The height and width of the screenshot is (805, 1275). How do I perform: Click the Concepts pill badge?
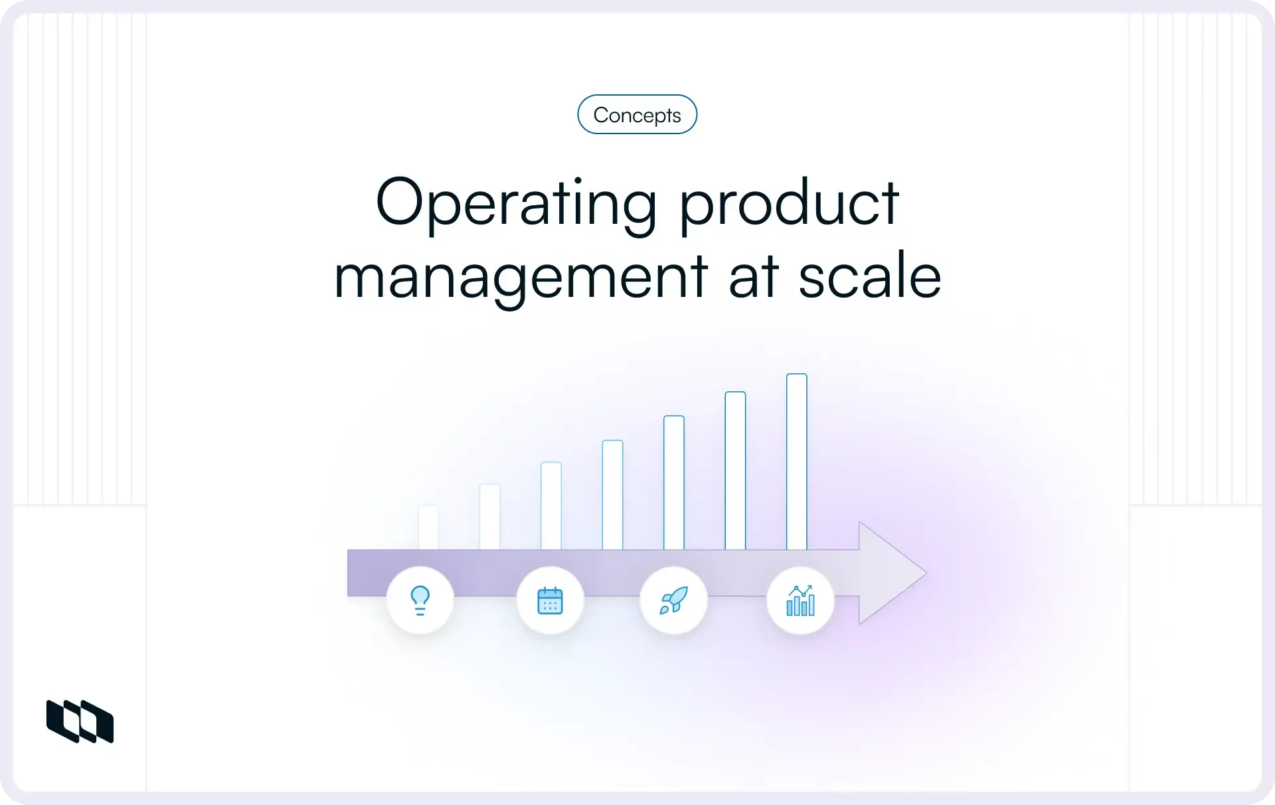click(x=637, y=115)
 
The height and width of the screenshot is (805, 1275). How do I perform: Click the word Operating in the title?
click(x=516, y=203)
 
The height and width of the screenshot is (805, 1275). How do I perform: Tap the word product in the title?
click(x=789, y=203)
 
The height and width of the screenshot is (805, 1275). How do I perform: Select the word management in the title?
click(x=521, y=276)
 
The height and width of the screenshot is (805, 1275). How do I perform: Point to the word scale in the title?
click(x=869, y=276)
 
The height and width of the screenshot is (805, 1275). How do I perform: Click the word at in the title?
click(x=753, y=276)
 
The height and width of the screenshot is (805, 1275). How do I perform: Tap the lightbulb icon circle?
click(x=420, y=600)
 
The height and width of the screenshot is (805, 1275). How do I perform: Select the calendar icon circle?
click(x=550, y=600)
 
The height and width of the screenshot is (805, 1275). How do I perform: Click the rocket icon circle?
click(x=673, y=600)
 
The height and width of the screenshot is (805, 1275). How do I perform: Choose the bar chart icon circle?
click(x=800, y=600)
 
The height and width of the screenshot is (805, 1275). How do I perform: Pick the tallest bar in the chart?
click(x=797, y=462)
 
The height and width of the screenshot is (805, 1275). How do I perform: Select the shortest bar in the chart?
click(x=428, y=527)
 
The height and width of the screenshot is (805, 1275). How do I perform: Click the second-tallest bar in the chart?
click(x=735, y=471)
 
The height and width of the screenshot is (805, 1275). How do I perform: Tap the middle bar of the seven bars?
click(x=612, y=495)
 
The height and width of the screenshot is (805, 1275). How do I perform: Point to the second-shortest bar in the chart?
click(x=490, y=517)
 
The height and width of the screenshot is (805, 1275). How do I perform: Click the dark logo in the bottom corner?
click(x=80, y=721)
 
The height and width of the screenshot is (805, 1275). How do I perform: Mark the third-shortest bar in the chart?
click(x=551, y=505)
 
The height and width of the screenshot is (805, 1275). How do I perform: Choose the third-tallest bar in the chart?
click(x=674, y=483)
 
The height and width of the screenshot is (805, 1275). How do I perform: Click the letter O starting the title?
click(x=400, y=202)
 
